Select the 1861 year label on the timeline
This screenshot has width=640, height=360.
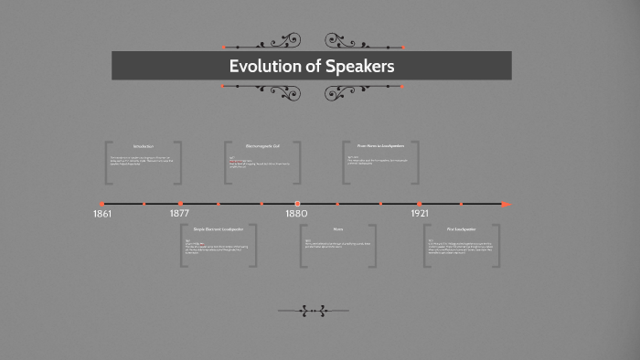(x=102, y=214)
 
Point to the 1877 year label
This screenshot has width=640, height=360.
(x=180, y=214)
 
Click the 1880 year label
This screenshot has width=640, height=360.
(x=296, y=214)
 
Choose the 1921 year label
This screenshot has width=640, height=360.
(x=420, y=214)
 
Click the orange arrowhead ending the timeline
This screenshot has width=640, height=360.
(x=506, y=204)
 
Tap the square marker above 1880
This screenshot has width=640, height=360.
(x=297, y=204)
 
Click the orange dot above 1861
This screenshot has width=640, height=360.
(x=101, y=204)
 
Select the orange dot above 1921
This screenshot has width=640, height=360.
(x=419, y=204)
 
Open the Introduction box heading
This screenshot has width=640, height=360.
(x=144, y=146)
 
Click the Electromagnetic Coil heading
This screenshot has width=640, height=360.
(x=262, y=146)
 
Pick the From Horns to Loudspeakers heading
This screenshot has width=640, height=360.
(x=380, y=146)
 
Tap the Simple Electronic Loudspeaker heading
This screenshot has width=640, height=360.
(x=219, y=228)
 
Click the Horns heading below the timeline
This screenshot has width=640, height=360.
(x=338, y=228)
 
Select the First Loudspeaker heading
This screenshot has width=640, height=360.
(x=462, y=228)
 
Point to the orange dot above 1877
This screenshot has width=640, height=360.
(x=180, y=204)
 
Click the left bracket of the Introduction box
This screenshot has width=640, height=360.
(x=107, y=163)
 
